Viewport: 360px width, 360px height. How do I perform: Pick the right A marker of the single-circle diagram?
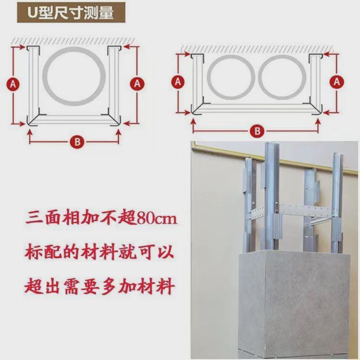point(137,83)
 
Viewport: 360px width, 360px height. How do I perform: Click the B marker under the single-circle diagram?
point(75,141)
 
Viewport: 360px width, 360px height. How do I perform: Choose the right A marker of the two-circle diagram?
point(337,82)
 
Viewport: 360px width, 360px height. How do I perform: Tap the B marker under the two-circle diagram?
point(257,131)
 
